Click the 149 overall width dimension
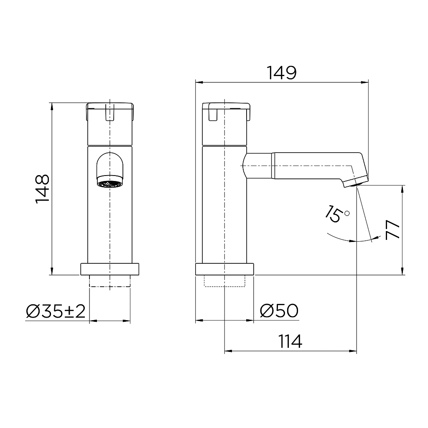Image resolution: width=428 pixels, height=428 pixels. point(282,73)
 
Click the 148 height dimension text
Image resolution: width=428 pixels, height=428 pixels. point(43,189)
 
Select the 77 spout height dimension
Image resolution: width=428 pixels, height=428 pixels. point(393,230)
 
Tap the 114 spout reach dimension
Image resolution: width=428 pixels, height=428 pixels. point(290,341)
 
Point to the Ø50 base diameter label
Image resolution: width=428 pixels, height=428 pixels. point(279,311)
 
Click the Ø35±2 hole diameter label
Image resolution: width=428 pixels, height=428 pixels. point(56,311)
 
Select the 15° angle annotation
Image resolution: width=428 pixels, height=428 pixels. point(336,214)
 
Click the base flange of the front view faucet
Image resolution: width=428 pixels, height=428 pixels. point(110,269)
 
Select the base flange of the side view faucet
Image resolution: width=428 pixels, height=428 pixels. point(225,269)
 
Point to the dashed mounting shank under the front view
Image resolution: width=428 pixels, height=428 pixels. point(110,281)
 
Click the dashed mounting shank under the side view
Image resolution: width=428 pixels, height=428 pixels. point(225,281)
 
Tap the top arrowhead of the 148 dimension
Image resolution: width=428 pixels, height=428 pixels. point(52,105)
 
